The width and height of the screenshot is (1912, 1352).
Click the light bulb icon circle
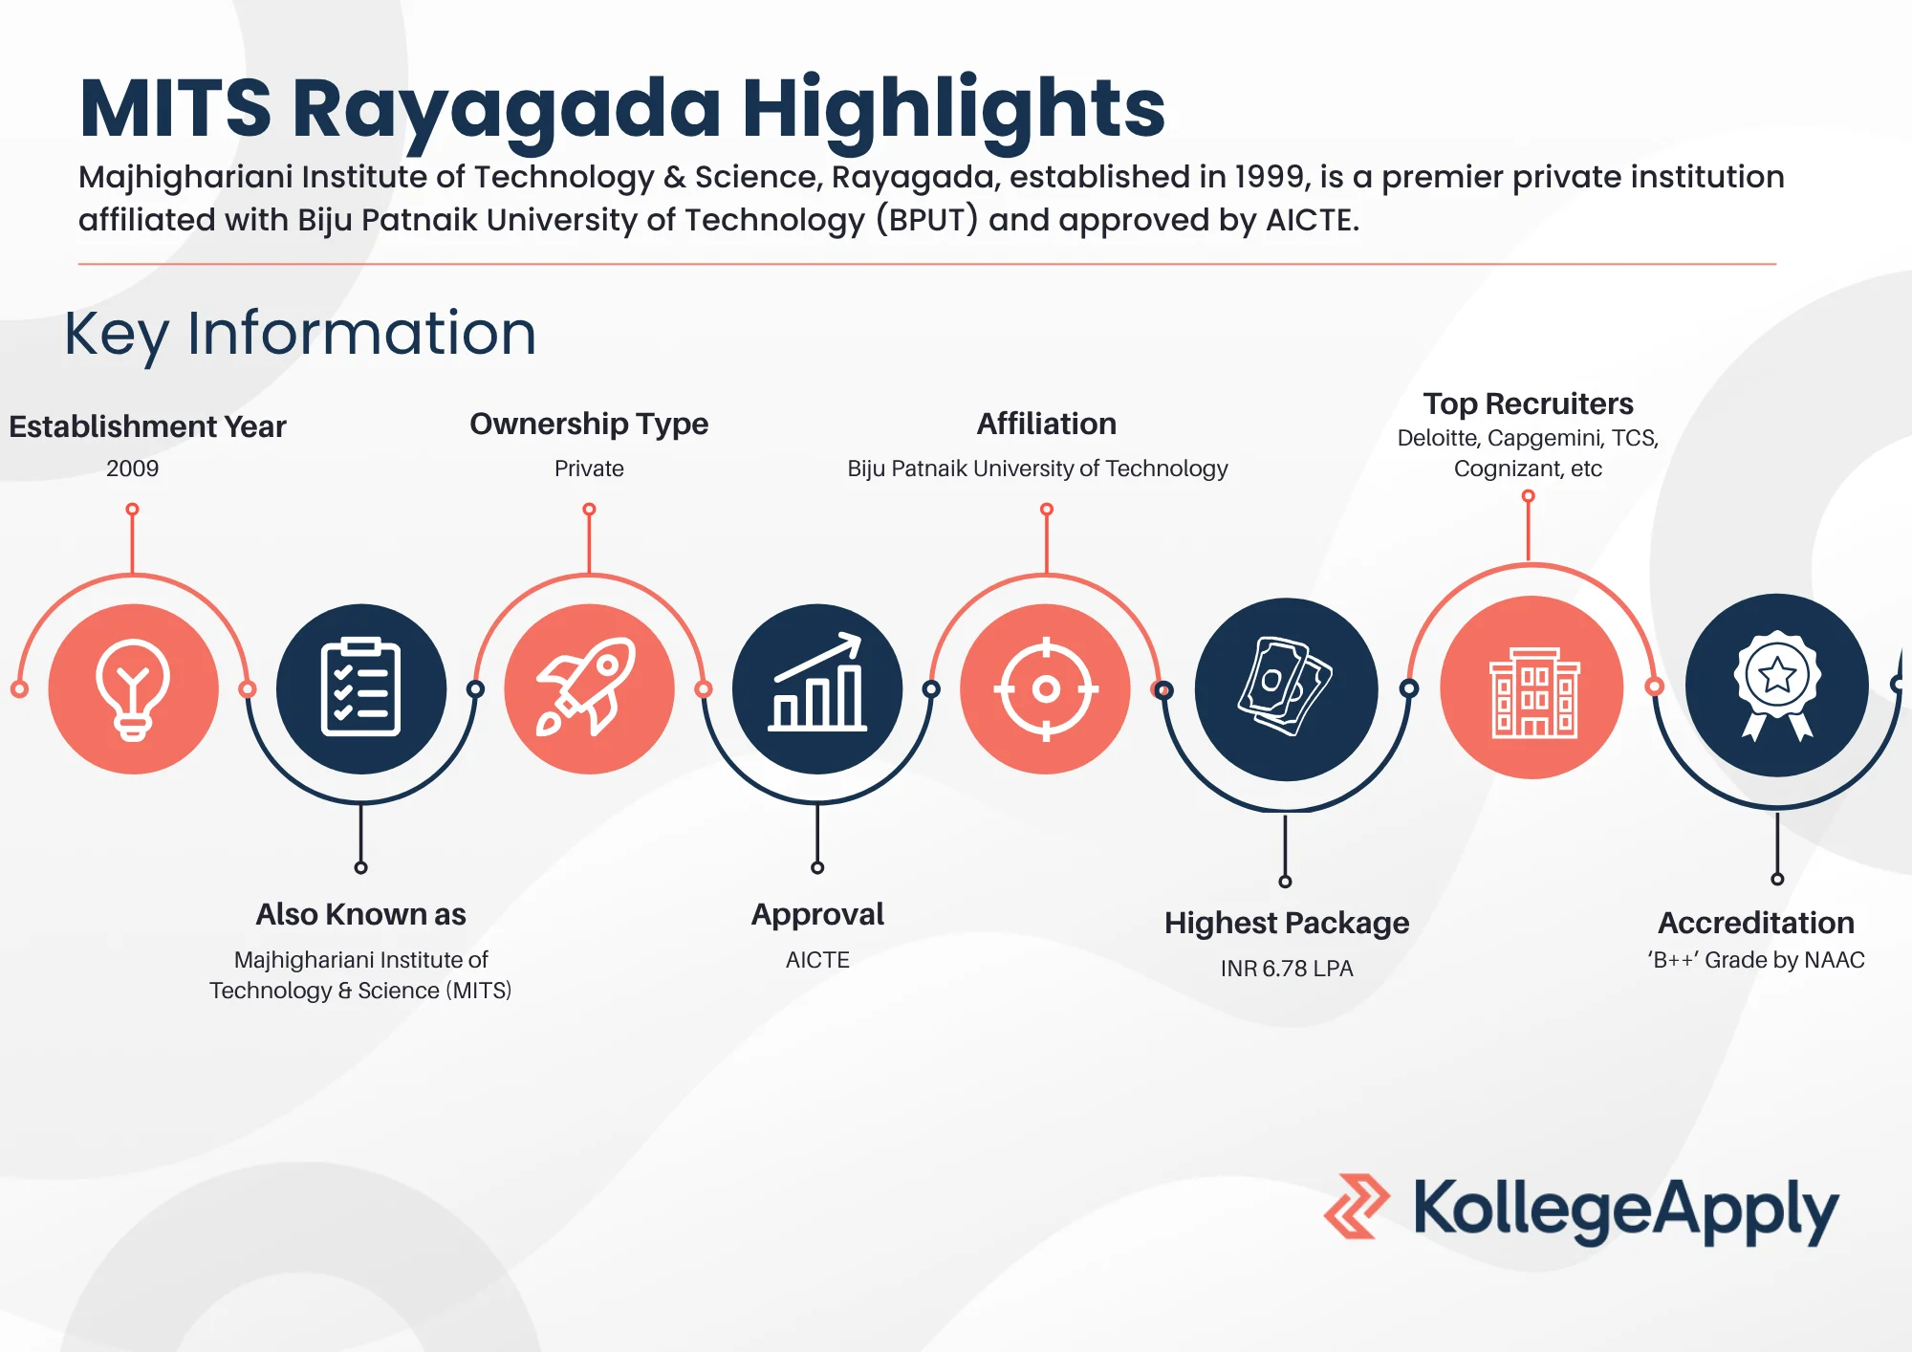pos(133,688)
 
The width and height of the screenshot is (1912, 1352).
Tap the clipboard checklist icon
pos(360,688)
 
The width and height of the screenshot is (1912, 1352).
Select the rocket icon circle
pos(589,688)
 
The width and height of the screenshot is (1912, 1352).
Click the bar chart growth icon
pos(817,688)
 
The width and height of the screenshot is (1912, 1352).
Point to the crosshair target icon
pos(1046,688)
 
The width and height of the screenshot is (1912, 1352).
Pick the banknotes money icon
pos(1286,688)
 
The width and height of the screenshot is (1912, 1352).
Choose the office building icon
pos(1532,688)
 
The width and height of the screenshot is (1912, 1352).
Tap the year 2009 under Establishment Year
pos(132,469)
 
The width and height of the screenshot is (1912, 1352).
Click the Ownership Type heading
pos(589,424)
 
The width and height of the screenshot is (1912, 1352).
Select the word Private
pos(589,469)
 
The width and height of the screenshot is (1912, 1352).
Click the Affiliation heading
pos(1046,424)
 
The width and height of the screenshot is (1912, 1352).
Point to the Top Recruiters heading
pos(1528,403)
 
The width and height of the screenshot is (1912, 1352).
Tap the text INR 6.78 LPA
pos(1286,969)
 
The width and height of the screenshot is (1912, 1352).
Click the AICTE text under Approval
pos(817,960)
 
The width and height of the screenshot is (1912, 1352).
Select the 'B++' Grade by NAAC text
pos(1755,960)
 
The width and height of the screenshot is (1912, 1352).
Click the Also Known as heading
pos(360,915)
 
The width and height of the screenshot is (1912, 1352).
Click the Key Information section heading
pos(300,334)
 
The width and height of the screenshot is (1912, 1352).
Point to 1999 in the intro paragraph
pos(1271,177)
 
